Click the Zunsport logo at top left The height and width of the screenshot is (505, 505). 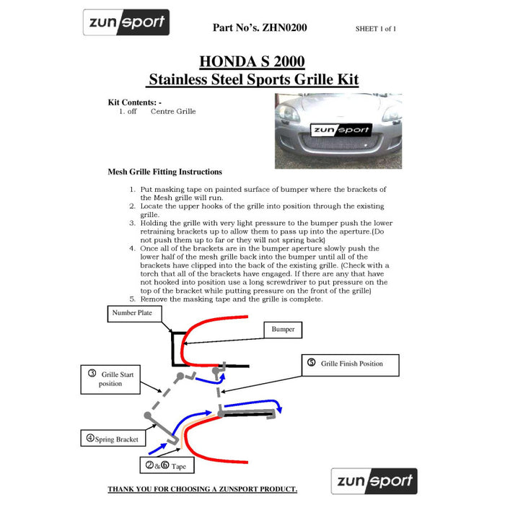(126, 22)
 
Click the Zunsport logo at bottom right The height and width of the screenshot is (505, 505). (374, 481)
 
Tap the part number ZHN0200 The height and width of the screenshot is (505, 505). (260, 28)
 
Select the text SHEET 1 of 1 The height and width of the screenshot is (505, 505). (375, 29)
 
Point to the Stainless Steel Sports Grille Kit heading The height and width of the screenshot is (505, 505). (252, 79)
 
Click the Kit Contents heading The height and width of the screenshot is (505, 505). (134, 102)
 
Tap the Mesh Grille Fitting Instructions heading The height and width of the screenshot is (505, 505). (164, 172)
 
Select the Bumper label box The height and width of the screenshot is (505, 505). (283, 330)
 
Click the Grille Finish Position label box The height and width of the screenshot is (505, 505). (346, 364)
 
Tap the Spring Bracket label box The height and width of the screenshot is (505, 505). (111, 438)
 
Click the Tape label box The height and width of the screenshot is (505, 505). (167, 466)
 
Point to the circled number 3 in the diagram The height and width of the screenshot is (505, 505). (92, 374)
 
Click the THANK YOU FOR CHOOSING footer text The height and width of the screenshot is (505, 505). (202, 489)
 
